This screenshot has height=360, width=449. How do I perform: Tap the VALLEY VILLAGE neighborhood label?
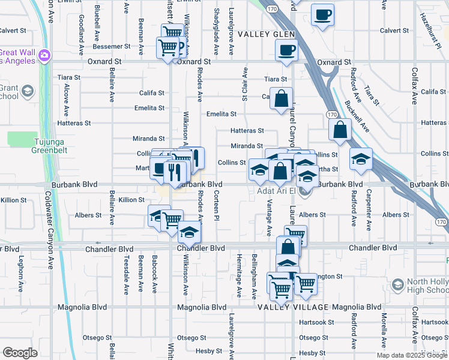coord(293,307)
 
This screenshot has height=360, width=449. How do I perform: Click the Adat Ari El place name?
coord(276,191)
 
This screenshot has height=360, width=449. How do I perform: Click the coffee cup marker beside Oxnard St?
coord(286,50)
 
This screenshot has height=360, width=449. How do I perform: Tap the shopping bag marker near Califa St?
coord(281,98)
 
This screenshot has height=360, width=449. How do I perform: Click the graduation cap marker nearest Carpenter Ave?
coord(361,160)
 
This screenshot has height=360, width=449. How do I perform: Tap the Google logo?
coord(20,353)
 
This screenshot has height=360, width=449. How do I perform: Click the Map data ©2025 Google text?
coord(411,355)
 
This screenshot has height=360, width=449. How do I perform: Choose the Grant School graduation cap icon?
coord(27,92)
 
